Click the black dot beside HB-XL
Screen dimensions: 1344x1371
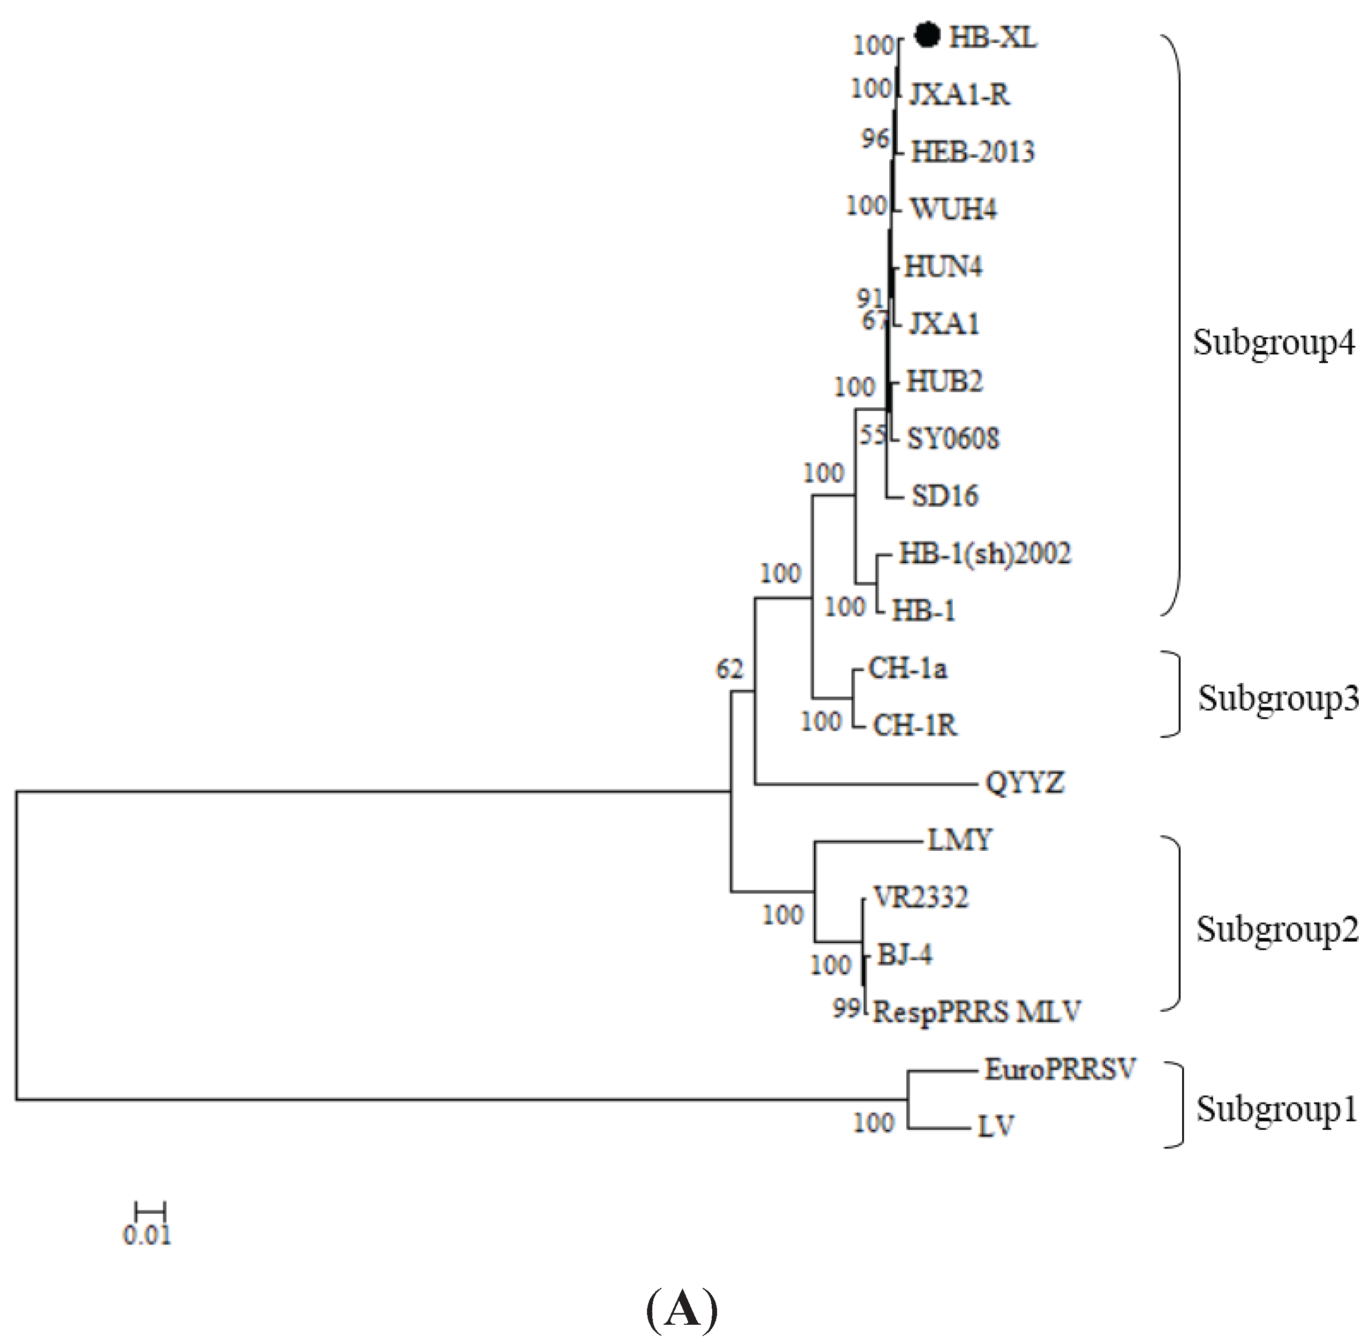pyautogui.click(x=927, y=35)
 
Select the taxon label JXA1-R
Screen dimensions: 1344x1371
pyautogui.click(x=959, y=94)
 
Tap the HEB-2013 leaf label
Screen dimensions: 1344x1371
pyautogui.click(x=973, y=152)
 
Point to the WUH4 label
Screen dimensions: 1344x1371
pyautogui.click(x=953, y=209)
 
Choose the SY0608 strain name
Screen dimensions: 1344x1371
pyautogui.click(x=953, y=438)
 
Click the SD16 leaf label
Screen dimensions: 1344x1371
pyautogui.click(x=944, y=496)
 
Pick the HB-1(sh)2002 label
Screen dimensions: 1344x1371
pyautogui.click(x=984, y=554)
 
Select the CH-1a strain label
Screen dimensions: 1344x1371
pyautogui.click(x=907, y=669)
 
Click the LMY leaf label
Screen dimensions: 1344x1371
pyautogui.click(x=959, y=840)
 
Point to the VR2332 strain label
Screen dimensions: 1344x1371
pyautogui.click(x=920, y=897)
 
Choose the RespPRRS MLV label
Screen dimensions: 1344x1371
pyautogui.click(x=977, y=1012)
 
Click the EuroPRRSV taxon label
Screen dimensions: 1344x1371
pyautogui.click(x=1059, y=1069)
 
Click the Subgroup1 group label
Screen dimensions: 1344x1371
pyautogui.click(x=1276, y=1109)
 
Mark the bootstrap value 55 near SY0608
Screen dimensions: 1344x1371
pyautogui.click(x=872, y=436)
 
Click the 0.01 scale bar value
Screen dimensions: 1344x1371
pyautogui.click(x=147, y=1236)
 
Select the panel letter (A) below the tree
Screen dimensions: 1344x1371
pyautogui.click(x=682, y=1309)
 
